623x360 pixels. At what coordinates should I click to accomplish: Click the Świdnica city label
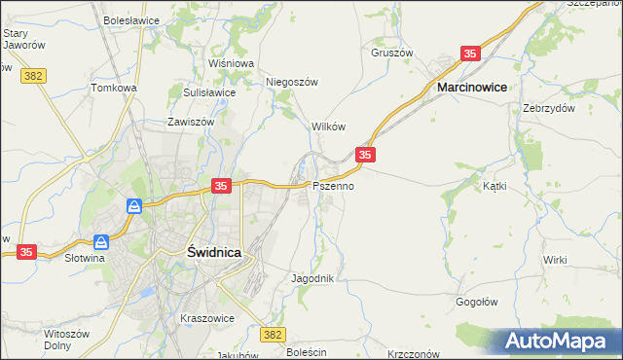tap(213, 251)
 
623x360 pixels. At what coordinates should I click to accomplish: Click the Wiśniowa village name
tap(231, 63)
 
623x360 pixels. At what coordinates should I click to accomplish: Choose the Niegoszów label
tap(292, 83)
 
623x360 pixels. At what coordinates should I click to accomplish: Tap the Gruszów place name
tap(392, 53)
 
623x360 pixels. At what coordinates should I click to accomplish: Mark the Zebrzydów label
tap(545, 108)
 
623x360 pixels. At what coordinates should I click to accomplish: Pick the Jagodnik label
tap(312, 278)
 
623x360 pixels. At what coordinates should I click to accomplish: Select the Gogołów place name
tap(477, 302)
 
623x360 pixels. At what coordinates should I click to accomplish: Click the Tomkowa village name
tap(114, 88)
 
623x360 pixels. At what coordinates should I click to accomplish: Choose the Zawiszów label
tap(190, 123)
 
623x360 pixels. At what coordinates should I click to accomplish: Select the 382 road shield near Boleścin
tap(274, 335)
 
